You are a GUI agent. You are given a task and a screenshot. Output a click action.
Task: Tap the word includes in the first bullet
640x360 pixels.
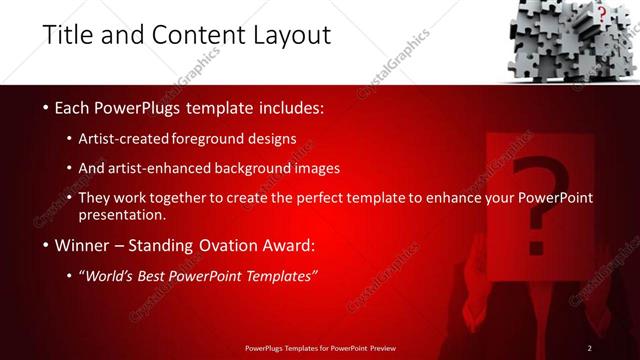[x=289, y=107]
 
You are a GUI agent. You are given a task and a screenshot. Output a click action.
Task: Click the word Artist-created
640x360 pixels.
[x=129, y=138]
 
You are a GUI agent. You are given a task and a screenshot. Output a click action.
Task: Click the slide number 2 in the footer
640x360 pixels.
[x=590, y=347]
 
